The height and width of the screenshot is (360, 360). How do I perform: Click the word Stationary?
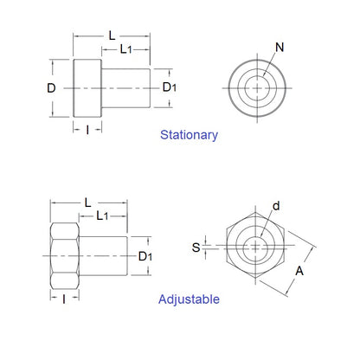coord(189,135)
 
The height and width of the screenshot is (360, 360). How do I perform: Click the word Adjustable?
coord(189,299)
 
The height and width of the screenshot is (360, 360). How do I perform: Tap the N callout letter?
coord(279,46)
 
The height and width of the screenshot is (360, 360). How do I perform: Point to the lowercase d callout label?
coord(276,206)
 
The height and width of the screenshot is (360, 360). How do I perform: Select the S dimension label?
coord(196,247)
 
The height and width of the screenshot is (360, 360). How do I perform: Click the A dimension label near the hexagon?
coord(299,270)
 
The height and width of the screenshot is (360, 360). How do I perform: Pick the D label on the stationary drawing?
coord(51,88)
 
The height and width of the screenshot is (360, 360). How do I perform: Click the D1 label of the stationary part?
coord(170,87)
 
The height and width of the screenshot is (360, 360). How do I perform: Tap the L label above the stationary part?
coord(112,35)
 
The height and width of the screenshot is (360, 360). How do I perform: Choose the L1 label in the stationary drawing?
coord(126,50)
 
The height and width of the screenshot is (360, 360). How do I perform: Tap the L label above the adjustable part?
coord(88,202)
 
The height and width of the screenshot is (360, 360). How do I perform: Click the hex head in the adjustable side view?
coord(66,257)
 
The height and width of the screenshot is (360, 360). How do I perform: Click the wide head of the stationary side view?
coord(87,87)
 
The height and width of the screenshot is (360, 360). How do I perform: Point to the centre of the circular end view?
coord(256,87)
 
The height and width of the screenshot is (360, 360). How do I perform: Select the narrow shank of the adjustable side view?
coord(104,257)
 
